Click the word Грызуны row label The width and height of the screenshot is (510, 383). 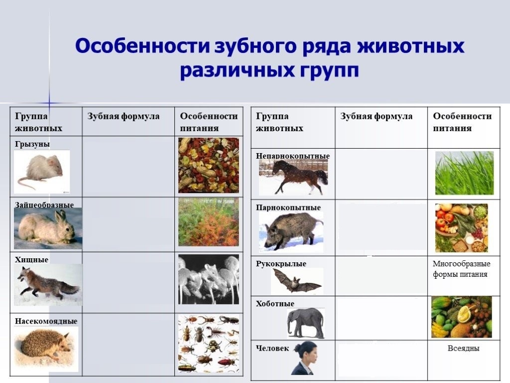pyautogui.click(x=32, y=144)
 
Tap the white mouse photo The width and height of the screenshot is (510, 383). pyautogui.click(x=42, y=172)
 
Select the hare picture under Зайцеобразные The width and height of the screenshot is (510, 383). pyautogui.click(x=48, y=228)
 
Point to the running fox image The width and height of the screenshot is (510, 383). pyautogui.click(x=48, y=285)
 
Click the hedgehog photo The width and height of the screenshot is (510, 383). pyautogui.click(x=46, y=349)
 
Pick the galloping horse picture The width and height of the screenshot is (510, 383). pyautogui.click(x=293, y=177)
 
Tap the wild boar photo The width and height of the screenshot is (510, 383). pyautogui.click(x=291, y=232)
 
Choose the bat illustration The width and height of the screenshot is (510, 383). pyautogui.click(x=297, y=281)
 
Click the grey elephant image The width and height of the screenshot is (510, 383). pyautogui.click(x=306, y=323)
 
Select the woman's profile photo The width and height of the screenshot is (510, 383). pyautogui.click(x=305, y=358)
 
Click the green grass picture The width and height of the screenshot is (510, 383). pyautogui.click(x=464, y=173)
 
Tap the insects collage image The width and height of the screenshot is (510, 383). pyautogui.click(x=209, y=344)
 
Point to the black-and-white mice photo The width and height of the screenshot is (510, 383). pyautogui.click(x=209, y=279)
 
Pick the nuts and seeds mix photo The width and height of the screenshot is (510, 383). pyautogui.click(x=209, y=165)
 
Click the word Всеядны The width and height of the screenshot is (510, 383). pyautogui.click(x=463, y=348)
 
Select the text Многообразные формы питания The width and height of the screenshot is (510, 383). pyautogui.click(x=461, y=269)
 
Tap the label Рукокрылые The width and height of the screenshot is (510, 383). pyautogui.click(x=281, y=263)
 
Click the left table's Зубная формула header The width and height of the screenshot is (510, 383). pyautogui.click(x=124, y=116)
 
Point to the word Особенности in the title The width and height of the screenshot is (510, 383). pyautogui.click(x=142, y=45)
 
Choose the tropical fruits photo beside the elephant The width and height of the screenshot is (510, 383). pyautogui.click(x=462, y=317)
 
